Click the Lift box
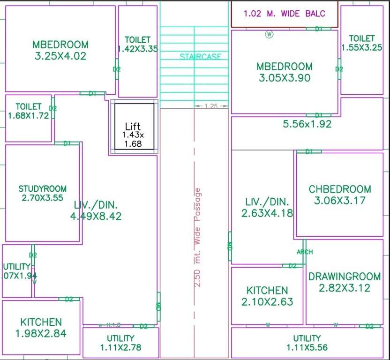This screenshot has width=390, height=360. (x=134, y=127)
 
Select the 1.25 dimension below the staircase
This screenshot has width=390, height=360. (x=211, y=106)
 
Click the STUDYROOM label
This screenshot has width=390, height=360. (x=43, y=188)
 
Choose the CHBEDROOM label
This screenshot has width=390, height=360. (x=340, y=189)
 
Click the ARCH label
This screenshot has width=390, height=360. (x=304, y=252)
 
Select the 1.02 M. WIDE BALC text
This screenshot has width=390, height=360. (x=284, y=14)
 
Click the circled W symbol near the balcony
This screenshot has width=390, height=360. (x=269, y=34)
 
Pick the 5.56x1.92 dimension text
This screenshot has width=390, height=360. (x=307, y=124)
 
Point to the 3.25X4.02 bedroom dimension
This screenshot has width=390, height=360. (x=60, y=56)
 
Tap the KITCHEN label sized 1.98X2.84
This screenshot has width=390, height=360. (x=41, y=322)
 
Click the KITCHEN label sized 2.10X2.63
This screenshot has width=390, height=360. (x=267, y=291)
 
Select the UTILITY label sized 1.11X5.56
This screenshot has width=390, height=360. (x=307, y=338)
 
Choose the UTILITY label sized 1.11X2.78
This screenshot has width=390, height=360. (x=120, y=338)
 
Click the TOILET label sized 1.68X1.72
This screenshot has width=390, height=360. (x=29, y=106)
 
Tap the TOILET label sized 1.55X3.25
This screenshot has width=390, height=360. (x=362, y=38)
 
